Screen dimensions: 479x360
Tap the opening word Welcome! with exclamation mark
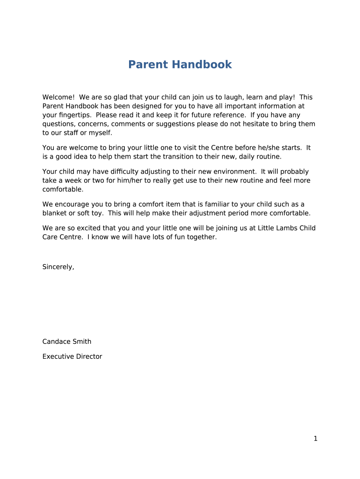[x=58, y=97]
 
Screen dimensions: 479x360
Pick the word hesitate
[x=264, y=124]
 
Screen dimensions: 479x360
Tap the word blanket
[x=55, y=213]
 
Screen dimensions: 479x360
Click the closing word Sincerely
[x=58, y=267]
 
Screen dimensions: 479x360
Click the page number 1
[x=316, y=439]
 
